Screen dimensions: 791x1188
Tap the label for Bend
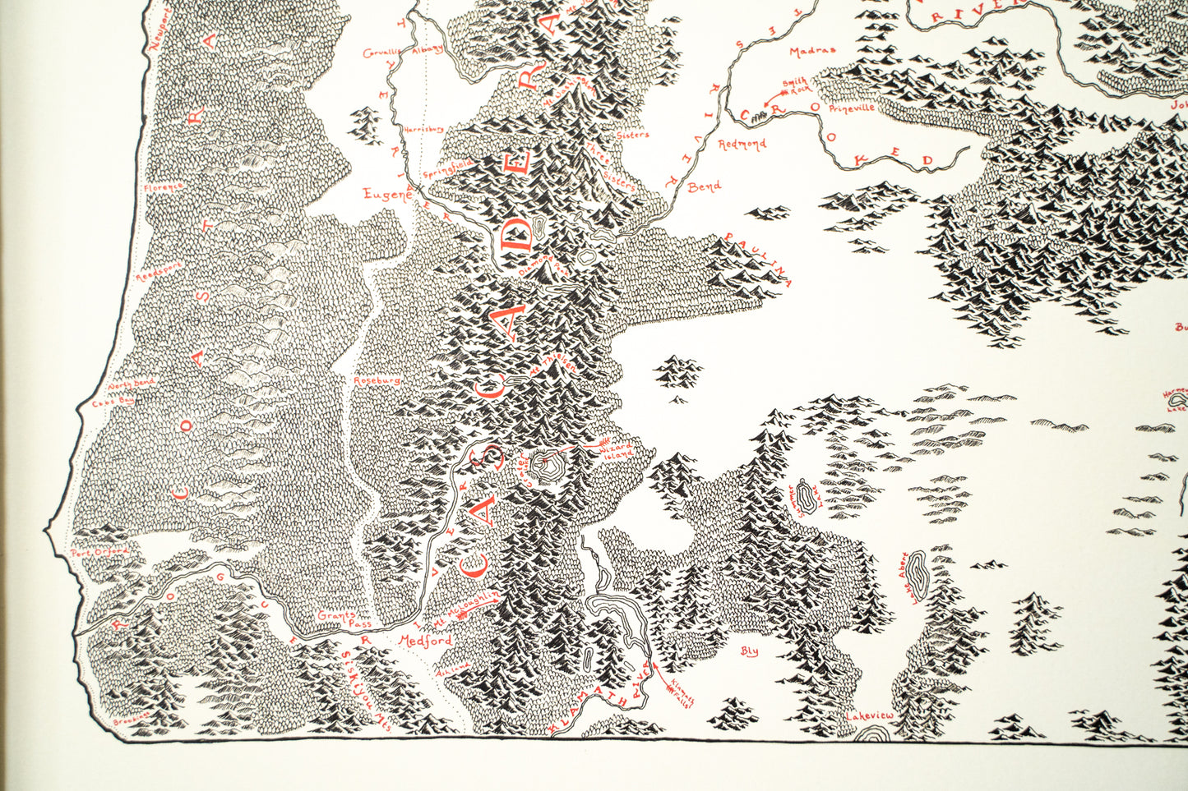click(704, 187)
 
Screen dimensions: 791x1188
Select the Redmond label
click(742, 144)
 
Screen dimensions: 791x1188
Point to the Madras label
click(812, 51)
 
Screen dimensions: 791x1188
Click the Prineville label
click(853, 108)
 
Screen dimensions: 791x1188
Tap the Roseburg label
click(377, 381)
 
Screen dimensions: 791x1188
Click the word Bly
click(749, 651)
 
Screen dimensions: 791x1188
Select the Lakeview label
click(869, 715)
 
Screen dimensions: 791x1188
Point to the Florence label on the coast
click(163, 187)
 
